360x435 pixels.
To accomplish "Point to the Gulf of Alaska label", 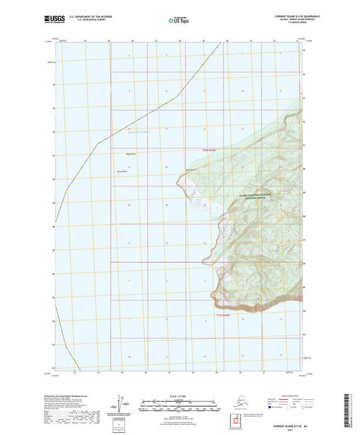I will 137,133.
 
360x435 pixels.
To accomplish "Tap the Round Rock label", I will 126,172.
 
